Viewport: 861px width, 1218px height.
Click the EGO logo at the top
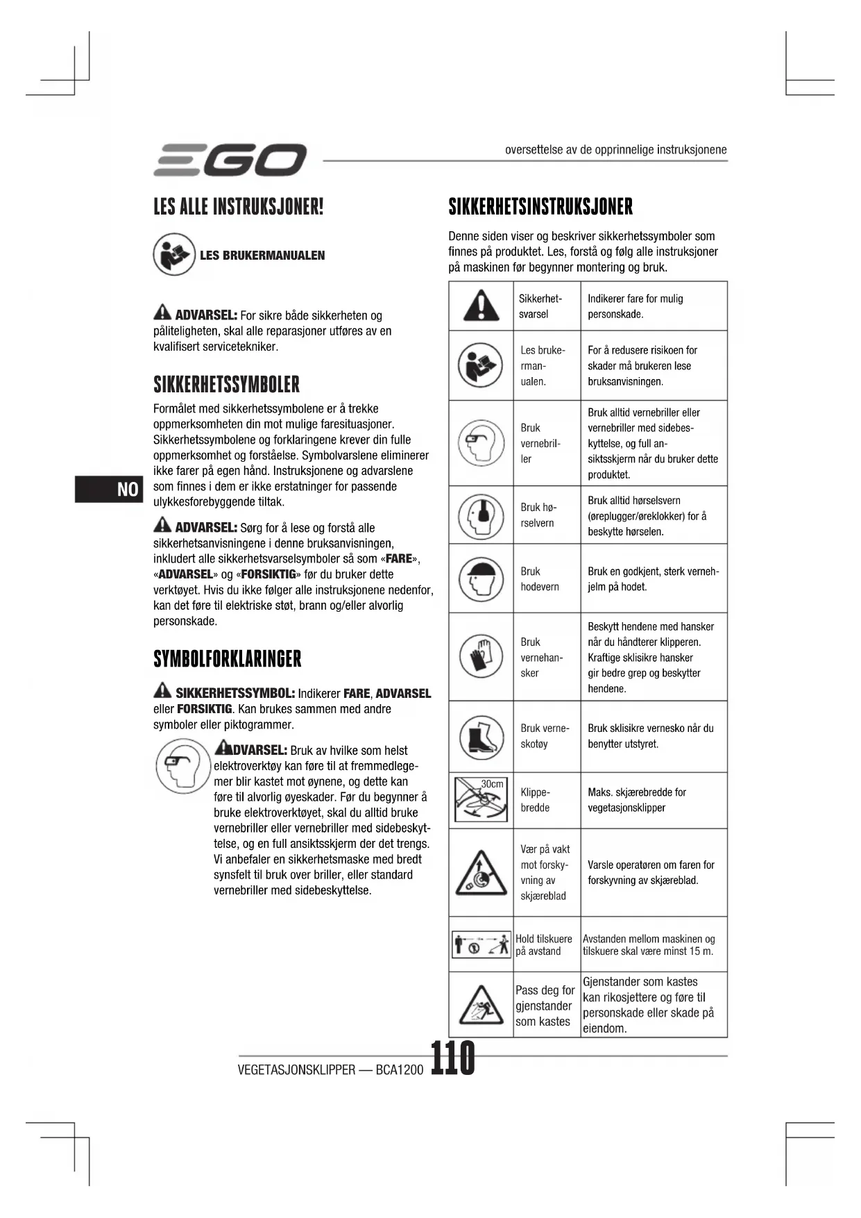click(230, 160)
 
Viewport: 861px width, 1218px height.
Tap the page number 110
click(453, 1058)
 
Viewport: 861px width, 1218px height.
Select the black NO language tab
click(109, 489)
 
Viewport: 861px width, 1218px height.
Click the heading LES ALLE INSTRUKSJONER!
click(239, 206)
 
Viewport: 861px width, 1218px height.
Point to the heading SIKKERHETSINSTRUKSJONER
click(540, 206)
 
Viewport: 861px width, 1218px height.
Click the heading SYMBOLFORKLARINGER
click(228, 658)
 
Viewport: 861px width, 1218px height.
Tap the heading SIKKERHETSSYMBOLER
click(226, 384)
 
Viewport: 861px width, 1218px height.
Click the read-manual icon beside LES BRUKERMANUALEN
click(174, 254)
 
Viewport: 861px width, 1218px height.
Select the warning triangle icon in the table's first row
click(481, 306)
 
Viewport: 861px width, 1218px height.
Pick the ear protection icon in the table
click(481, 515)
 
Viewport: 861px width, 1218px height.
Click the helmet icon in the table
click(481, 578)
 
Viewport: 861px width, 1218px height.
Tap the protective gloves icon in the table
click(481, 656)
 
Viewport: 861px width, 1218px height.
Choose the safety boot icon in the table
click(481, 736)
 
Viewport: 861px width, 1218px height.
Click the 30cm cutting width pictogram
click(481, 800)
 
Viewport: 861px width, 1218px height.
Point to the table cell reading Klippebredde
click(536, 800)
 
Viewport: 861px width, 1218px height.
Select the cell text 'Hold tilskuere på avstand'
click(544, 945)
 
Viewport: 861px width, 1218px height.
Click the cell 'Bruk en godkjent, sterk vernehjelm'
click(653, 578)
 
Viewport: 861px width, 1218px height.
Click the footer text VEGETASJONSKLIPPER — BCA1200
click(330, 1069)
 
